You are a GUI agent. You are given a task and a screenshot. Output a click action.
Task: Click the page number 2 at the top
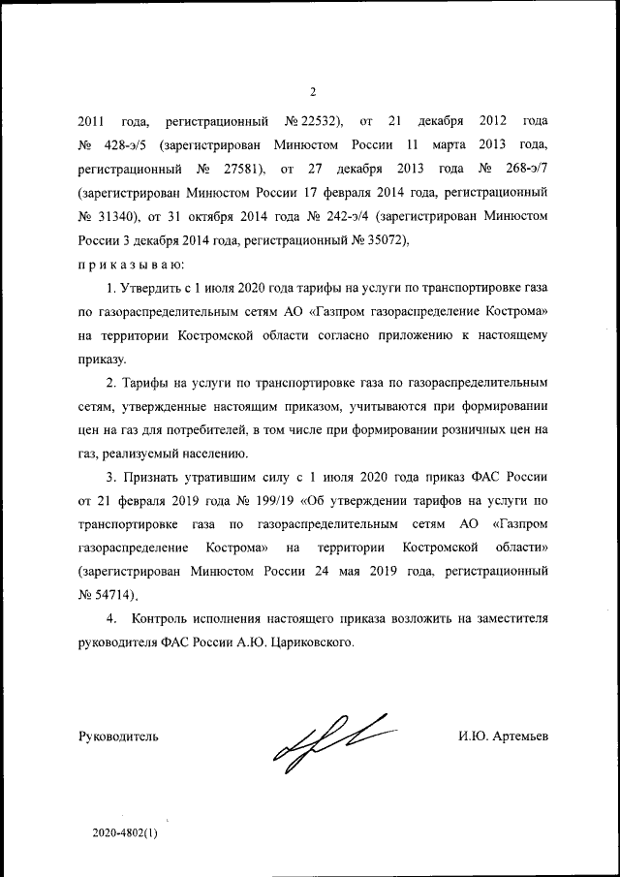pos(312,92)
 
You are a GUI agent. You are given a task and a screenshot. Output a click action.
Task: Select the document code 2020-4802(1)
pos(125,832)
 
